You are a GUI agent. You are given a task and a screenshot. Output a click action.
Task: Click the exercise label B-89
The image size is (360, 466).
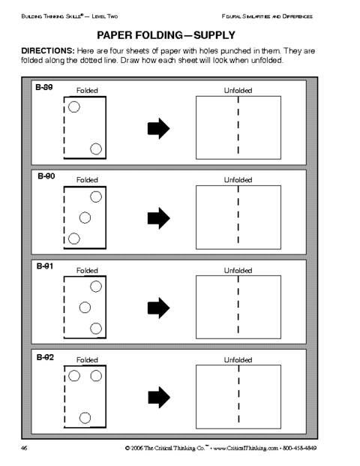click(x=44, y=87)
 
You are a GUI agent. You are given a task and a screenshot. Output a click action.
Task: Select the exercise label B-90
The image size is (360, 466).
click(x=46, y=176)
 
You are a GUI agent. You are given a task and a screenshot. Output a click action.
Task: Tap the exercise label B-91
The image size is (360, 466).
click(x=45, y=266)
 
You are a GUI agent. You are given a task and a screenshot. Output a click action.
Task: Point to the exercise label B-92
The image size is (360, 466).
click(x=45, y=357)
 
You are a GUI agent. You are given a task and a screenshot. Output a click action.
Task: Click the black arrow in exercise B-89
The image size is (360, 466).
click(x=158, y=128)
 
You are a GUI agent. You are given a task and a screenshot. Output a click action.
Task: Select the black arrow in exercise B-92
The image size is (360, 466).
click(x=159, y=398)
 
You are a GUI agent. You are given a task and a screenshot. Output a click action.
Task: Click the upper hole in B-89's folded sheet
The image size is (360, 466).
click(x=74, y=107)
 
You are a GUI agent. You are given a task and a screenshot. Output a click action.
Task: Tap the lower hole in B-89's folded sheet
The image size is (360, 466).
click(x=96, y=149)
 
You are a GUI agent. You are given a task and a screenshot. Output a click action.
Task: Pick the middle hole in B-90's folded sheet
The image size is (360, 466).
click(x=85, y=218)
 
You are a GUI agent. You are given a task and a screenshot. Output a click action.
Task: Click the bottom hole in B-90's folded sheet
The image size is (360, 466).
click(x=74, y=239)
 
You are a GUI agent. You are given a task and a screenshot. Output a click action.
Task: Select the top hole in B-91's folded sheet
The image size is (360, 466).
click(x=96, y=287)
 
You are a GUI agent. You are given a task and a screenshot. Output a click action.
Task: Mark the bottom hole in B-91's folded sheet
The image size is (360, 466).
click(x=96, y=329)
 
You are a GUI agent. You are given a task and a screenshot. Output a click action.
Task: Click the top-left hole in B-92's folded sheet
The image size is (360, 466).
click(x=74, y=376)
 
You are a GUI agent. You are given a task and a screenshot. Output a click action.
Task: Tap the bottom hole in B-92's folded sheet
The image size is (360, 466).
click(x=85, y=418)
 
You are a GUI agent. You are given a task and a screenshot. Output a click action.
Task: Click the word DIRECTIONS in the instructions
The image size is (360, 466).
click(x=47, y=51)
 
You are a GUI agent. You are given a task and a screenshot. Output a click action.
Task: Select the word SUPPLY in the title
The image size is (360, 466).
click(x=214, y=35)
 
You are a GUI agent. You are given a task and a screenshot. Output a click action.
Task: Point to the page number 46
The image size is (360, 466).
click(x=24, y=448)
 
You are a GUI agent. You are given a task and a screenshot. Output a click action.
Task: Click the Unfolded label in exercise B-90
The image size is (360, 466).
click(x=238, y=180)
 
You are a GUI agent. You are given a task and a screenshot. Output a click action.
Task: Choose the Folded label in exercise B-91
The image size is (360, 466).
click(x=87, y=270)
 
